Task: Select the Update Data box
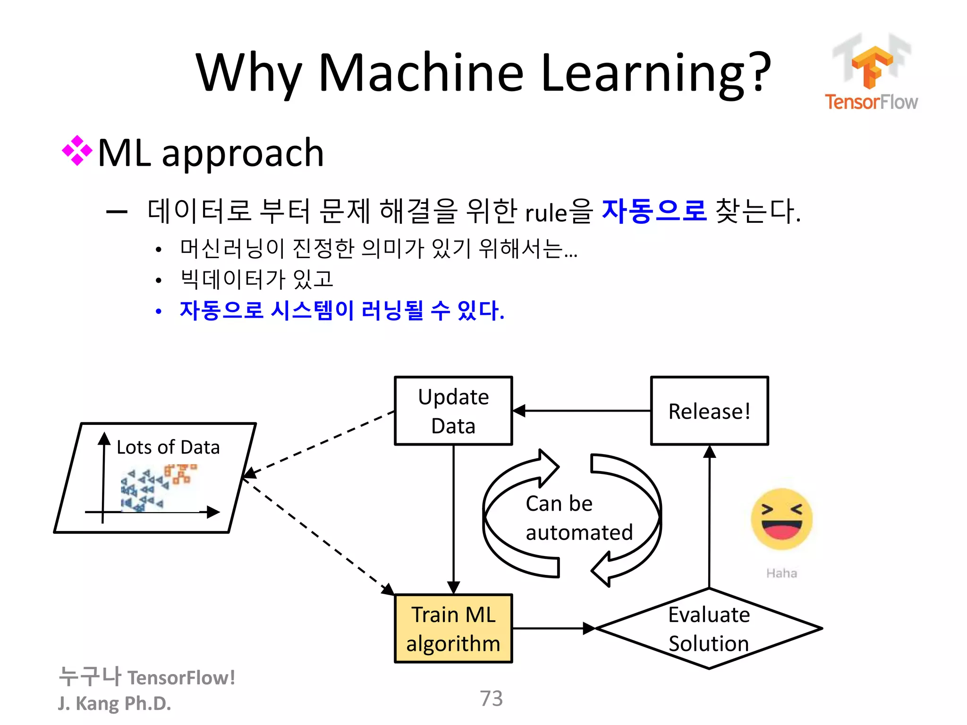453,411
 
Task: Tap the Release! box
709,411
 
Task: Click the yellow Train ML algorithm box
453,629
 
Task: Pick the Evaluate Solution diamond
709,629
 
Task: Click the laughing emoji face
781,519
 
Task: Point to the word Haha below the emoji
781,573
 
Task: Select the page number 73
491,699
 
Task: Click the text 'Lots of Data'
168,447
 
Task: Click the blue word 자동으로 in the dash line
654,211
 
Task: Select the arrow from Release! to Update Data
581,411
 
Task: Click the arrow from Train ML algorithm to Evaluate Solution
552,629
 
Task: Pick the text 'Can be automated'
578,518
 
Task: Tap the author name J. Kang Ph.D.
114,703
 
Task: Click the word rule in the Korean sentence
546,213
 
